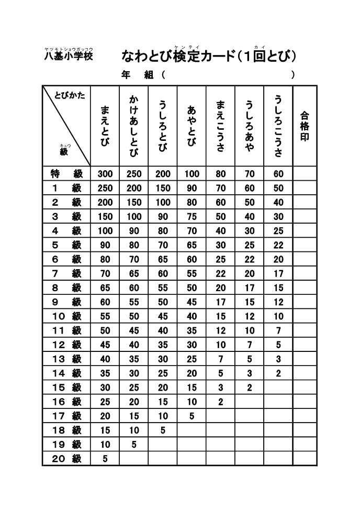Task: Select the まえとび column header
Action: click(x=105, y=126)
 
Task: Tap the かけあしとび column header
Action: click(x=134, y=126)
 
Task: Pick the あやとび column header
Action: click(x=192, y=126)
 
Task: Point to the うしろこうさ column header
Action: click(x=278, y=126)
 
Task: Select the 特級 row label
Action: click(x=66, y=173)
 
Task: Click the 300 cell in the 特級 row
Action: click(x=105, y=173)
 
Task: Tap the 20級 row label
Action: click(x=66, y=459)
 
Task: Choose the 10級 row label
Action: click(x=66, y=316)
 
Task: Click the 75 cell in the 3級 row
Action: click(x=192, y=216)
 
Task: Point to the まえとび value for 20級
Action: click(x=105, y=459)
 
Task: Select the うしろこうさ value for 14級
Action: click(x=278, y=373)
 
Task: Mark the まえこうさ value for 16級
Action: click(x=220, y=402)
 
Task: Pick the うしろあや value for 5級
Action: click(x=249, y=245)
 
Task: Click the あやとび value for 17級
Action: click(x=192, y=416)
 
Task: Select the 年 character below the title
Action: click(x=125, y=75)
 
